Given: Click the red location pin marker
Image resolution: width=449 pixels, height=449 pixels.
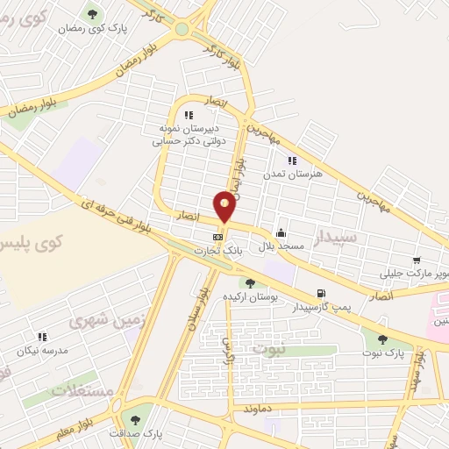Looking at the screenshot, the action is pyautogui.click(x=225, y=208).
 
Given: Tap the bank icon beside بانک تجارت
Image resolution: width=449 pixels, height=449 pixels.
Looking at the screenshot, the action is pyautogui.click(x=217, y=237).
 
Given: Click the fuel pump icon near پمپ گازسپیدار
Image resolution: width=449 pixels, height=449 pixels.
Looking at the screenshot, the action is pyautogui.click(x=321, y=293).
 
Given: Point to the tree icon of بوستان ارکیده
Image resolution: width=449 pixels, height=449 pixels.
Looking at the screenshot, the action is pyautogui.click(x=251, y=282).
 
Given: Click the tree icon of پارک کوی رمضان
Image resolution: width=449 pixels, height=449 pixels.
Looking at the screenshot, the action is pyautogui.click(x=92, y=14).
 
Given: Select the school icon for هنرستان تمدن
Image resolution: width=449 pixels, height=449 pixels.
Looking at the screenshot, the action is pyautogui.click(x=292, y=160).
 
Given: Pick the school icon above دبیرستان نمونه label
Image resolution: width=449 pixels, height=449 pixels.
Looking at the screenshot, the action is pyautogui.click(x=188, y=115).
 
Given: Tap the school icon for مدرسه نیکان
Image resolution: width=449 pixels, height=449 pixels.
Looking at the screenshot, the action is pyautogui.click(x=41, y=336).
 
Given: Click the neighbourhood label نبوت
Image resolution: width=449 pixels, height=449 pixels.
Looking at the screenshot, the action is pyautogui.click(x=269, y=349).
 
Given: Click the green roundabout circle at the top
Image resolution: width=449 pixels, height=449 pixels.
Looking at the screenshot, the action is pyautogui.click(x=182, y=29).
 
